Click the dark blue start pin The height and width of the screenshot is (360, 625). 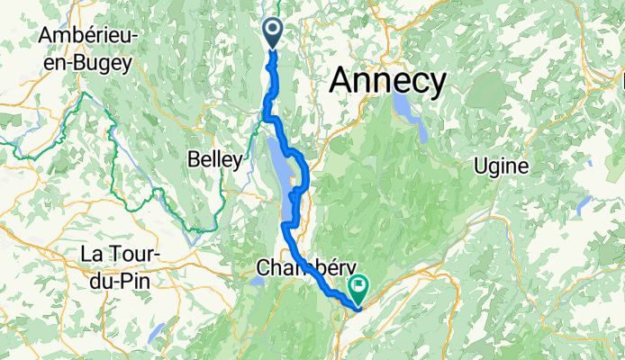[x=274, y=34]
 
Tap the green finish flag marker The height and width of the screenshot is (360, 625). [x=358, y=289]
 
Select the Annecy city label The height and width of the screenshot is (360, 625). [x=387, y=82]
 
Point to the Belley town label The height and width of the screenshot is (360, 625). [x=215, y=160]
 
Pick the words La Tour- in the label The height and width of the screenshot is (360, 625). [x=120, y=254]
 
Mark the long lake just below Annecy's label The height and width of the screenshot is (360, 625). [x=410, y=114]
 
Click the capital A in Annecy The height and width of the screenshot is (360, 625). [x=341, y=82]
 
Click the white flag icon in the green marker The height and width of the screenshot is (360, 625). [x=358, y=286]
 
